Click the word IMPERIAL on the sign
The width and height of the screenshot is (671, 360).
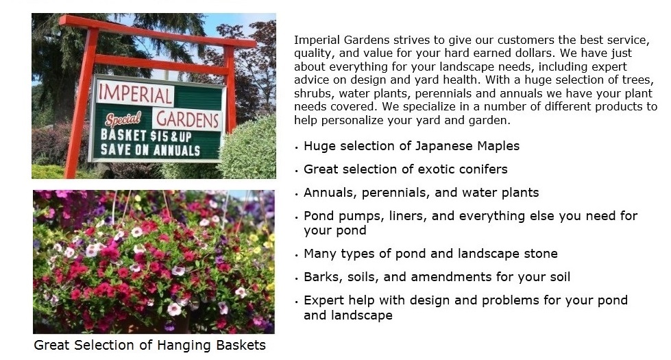pyautogui.click(x=134, y=94)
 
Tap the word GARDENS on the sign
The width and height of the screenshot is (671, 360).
pyautogui.click(x=188, y=119)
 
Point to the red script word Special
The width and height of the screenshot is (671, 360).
pyautogui.click(x=123, y=119)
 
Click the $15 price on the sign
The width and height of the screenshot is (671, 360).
pyautogui.click(x=159, y=136)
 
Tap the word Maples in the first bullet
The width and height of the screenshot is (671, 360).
pyautogui.click(x=498, y=146)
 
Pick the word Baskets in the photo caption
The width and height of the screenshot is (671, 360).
pyautogui.click(x=241, y=345)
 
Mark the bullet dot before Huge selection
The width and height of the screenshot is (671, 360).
pyautogui.click(x=297, y=147)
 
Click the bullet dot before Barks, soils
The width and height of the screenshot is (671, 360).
pyautogui.click(x=297, y=278)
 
